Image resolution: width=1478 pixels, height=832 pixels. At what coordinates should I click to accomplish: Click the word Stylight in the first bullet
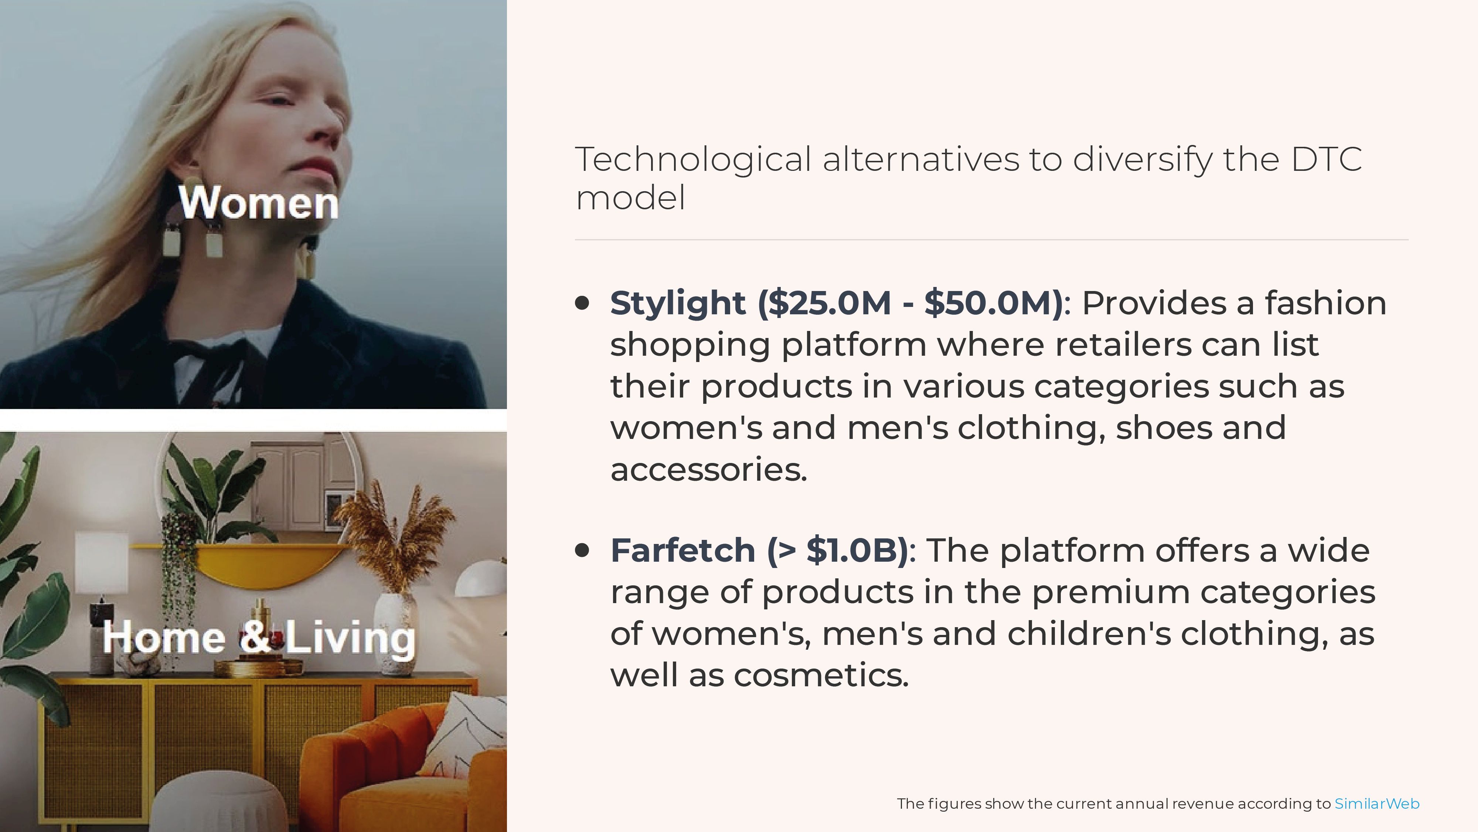tap(678, 304)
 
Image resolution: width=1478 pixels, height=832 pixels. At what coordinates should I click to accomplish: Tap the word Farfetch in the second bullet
tap(683, 551)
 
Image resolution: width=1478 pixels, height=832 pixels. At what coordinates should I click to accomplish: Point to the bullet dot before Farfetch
tap(582, 551)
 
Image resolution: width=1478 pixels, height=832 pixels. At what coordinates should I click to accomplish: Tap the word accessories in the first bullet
tap(709, 470)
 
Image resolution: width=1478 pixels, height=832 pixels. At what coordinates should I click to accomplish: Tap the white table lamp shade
tap(102, 563)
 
